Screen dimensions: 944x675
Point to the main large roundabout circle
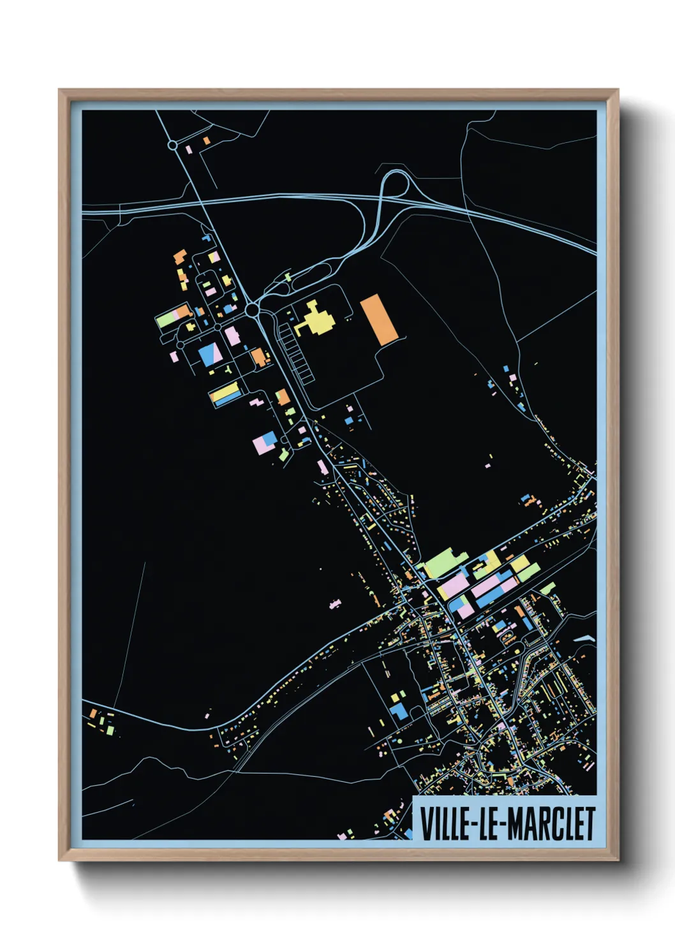253,311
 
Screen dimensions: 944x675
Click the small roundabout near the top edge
172,145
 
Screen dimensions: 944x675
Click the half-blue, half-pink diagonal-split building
210,354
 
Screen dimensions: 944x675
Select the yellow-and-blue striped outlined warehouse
225,394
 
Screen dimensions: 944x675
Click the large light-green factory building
445,562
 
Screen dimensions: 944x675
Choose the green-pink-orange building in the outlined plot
174,316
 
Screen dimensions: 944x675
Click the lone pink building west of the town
334,603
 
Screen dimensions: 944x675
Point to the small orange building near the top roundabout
206,140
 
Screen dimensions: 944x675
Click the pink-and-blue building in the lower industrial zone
265,441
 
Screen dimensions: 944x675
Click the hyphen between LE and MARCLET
501,824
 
